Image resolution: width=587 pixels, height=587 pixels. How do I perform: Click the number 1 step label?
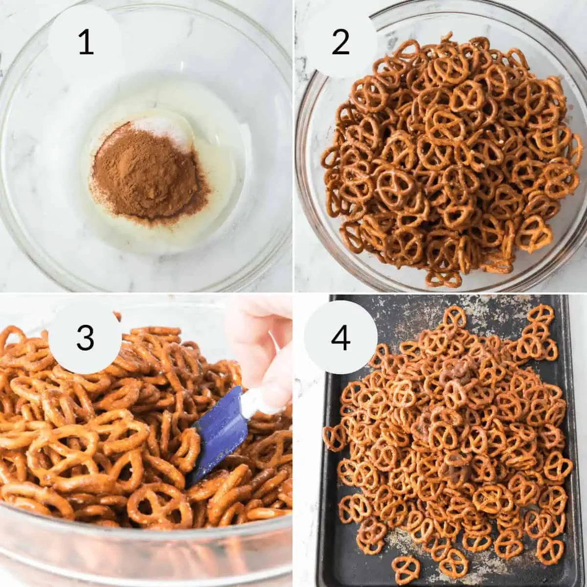click(x=85, y=43)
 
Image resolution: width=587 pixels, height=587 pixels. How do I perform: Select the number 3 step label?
click(x=85, y=337)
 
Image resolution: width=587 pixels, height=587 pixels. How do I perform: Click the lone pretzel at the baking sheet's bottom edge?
click(x=406, y=567)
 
